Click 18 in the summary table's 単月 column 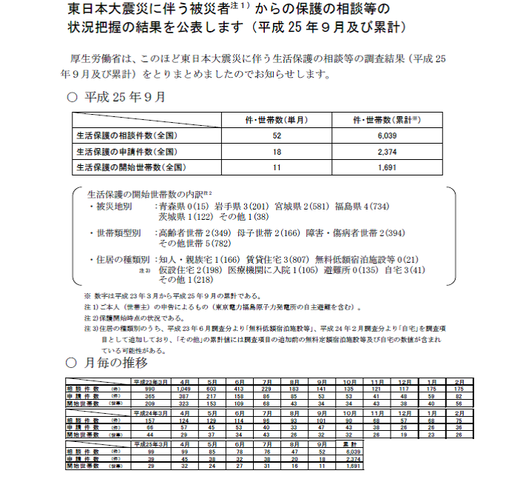point(277,152)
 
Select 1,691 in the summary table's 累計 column point(387,167)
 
